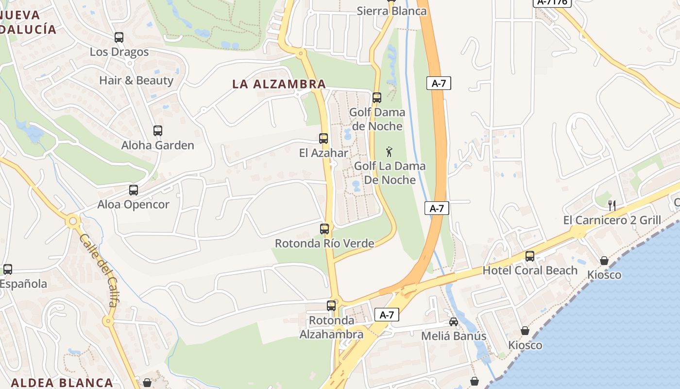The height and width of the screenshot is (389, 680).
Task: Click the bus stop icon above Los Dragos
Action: point(119,37)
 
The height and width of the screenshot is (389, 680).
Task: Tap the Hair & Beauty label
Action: point(136,80)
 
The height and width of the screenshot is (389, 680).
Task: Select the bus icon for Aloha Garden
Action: point(158,131)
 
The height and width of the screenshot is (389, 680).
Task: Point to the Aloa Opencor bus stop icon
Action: point(134,190)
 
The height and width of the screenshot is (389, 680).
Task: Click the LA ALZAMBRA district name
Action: point(279,84)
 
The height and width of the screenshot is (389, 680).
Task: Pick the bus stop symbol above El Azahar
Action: point(323,139)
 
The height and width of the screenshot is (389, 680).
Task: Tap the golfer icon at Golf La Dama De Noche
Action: point(389,152)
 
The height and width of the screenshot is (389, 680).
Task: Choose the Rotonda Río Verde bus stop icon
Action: point(324,229)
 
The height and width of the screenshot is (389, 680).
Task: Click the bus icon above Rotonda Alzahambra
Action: point(331,306)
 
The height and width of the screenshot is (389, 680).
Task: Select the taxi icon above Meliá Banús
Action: point(453,322)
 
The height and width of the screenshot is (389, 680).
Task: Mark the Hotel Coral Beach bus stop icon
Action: point(530,256)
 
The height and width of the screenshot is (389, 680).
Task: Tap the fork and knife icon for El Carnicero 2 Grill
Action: point(612,206)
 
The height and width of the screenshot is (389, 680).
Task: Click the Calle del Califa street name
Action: point(99,270)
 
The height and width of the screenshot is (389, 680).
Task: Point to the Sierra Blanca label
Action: point(391,11)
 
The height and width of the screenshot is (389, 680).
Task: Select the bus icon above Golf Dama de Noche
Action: point(377,98)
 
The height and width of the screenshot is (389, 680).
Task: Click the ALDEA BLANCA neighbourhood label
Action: point(62,382)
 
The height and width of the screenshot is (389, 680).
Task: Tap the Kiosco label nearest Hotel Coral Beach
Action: point(604,275)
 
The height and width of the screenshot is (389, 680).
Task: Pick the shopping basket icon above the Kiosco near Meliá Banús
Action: point(525,331)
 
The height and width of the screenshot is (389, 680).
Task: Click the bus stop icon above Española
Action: point(8,269)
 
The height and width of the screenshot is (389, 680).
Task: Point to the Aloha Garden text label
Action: point(157,145)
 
